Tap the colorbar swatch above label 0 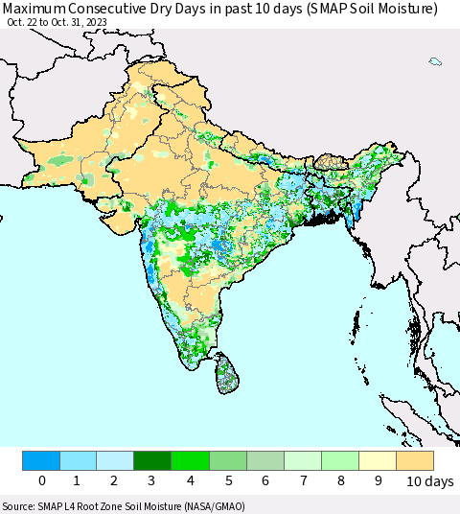pos(41,460)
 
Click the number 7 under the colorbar pos(303,481)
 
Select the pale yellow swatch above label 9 pos(378,460)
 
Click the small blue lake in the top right pos(435,61)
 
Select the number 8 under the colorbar pos(340,481)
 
